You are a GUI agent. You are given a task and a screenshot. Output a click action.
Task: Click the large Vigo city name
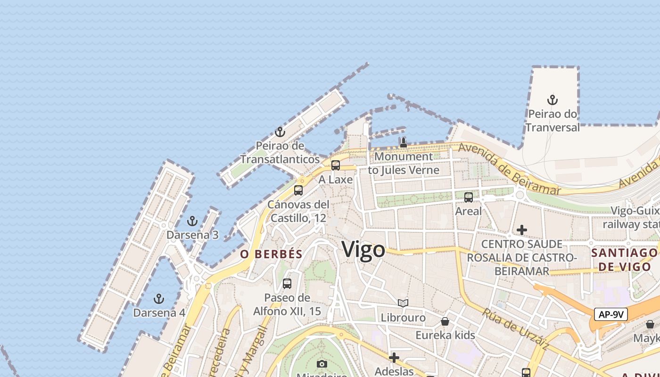point(363,249)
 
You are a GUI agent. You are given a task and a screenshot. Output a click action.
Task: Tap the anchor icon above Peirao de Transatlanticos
point(280,132)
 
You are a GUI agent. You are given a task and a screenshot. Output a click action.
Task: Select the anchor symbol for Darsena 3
point(192,221)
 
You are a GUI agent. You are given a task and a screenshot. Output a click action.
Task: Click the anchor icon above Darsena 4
point(159,299)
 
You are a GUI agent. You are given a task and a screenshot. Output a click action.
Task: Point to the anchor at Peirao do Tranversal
point(553,100)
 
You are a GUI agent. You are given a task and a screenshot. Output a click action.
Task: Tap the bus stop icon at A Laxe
point(336,165)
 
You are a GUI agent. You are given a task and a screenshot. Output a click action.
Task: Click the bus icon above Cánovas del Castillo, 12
point(298,190)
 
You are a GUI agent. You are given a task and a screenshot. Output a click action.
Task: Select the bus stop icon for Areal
point(469,197)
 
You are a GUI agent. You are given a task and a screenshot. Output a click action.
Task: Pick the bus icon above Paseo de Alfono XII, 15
point(287,284)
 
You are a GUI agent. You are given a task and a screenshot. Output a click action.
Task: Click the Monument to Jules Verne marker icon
point(403,142)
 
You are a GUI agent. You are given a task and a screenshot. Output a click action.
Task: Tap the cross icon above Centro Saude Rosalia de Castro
point(522,230)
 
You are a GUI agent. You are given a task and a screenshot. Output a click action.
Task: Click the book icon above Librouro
point(403,303)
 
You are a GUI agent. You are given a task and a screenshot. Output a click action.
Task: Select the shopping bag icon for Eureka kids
point(445,321)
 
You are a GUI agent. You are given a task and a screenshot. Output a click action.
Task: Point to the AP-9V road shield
point(610,314)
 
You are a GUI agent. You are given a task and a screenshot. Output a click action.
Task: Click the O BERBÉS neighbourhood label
point(271,254)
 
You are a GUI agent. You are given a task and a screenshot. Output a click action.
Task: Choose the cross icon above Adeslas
point(394,358)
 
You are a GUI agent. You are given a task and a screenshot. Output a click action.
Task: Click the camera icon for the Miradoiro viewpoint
point(322,364)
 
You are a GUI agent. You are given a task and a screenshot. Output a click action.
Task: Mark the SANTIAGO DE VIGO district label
point(624,260)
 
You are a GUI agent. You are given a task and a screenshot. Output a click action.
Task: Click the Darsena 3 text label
point(192,235)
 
